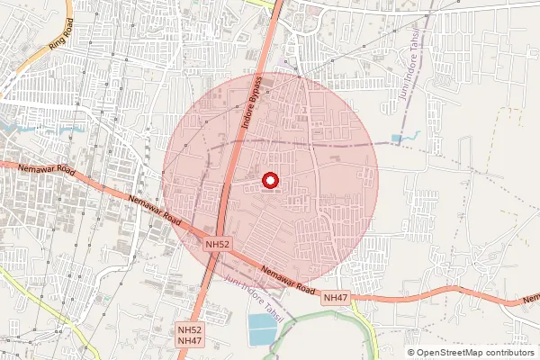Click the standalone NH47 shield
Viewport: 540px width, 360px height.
point(336,297)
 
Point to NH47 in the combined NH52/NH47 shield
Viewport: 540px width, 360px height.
point(190,341)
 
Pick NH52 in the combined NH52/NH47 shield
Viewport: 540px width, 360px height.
point(190,330)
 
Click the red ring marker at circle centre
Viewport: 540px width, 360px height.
point(270,182)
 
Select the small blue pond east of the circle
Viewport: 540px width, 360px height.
point(397,139)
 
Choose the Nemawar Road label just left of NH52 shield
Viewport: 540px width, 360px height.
point(155,211)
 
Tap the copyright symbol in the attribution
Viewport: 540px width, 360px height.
point(411,352)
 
